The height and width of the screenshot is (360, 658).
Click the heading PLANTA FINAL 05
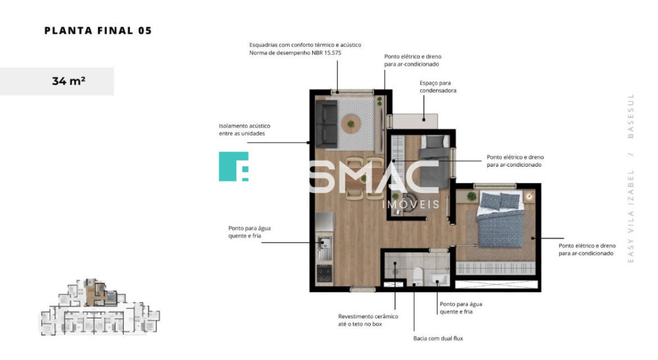[x=98, y=31]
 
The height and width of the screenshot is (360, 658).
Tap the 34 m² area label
[x=69, y=81]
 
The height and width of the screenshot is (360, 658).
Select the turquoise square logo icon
[x=234, y=166]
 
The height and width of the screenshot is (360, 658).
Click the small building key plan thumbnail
[x=100, y=307]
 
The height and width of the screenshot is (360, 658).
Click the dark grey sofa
[x=327, y=124]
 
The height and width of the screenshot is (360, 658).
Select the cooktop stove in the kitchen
[x=324, y=273]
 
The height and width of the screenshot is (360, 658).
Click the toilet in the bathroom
[x=418, y=275]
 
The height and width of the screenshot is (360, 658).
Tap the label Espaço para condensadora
[x=438, y=86]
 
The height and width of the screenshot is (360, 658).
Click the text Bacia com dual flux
[x=438, y=338]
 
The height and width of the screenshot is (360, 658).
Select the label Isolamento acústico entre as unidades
[x=244, y=129]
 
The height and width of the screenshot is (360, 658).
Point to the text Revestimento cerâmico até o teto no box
[x=368, y=320]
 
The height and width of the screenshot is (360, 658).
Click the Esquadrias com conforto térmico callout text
[x=305, y=49]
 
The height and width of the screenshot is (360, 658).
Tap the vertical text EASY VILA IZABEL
[x=630, y=216]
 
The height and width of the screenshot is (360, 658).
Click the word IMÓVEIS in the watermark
[x=411, y=205]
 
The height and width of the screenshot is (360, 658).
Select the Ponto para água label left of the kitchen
[x=249, y=232]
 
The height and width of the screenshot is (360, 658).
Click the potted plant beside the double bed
[x=471, y=196]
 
